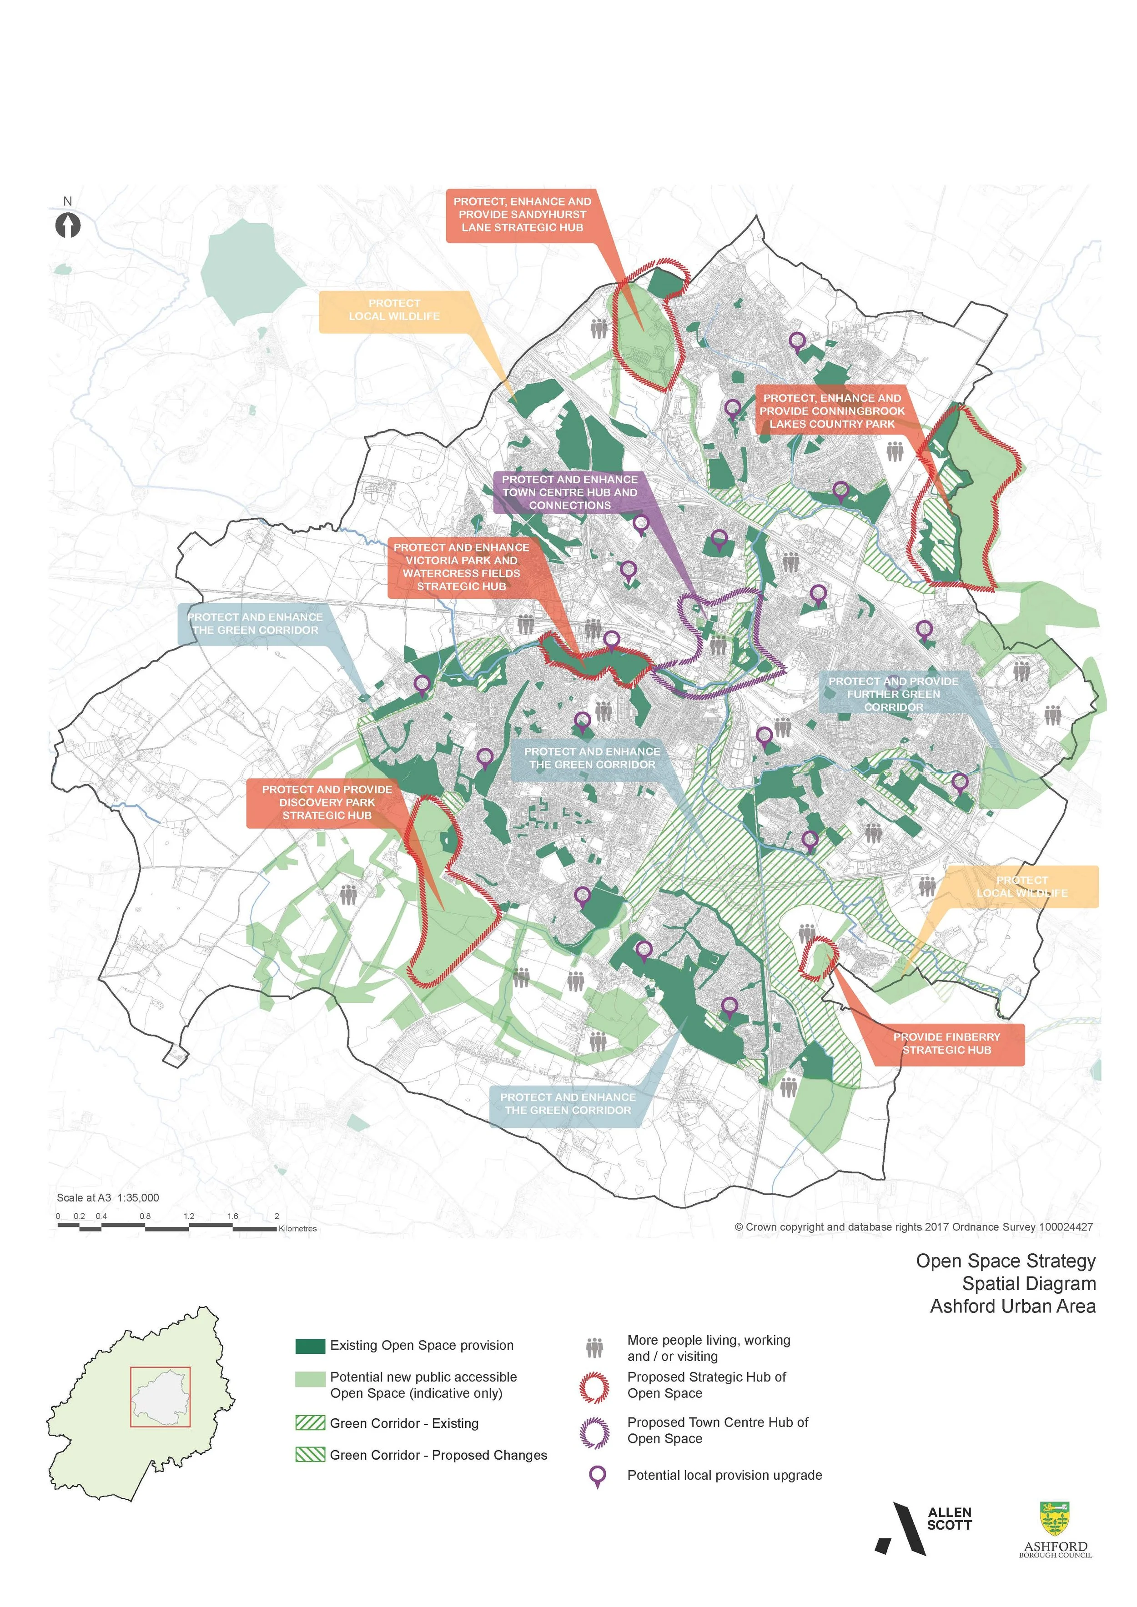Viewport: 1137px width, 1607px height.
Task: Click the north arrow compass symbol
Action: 68,225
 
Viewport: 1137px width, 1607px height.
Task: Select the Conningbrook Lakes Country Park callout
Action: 832,411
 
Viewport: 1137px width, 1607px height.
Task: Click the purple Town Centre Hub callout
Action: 569,492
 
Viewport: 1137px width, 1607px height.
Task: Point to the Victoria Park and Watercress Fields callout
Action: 461,567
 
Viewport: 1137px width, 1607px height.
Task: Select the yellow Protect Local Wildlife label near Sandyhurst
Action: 394,310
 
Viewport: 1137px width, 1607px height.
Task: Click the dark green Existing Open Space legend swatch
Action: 310,1346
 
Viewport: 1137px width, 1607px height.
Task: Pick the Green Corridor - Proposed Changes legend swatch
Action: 310,1455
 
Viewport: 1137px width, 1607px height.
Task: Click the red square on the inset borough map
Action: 161,1397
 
